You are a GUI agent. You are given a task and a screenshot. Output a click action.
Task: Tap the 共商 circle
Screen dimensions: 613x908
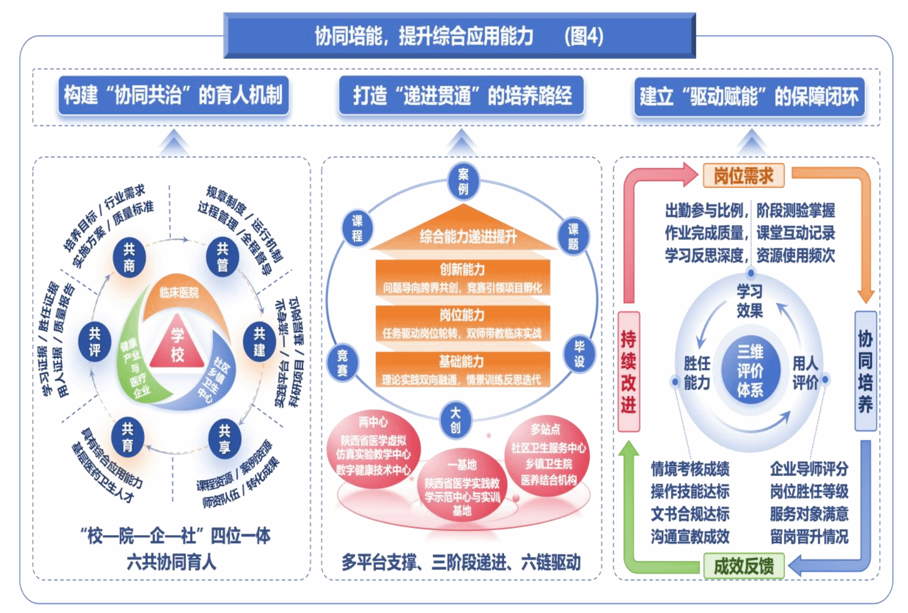[x=129, y=258]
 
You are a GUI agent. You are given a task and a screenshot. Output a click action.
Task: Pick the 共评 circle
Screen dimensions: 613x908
[x=94, y=342]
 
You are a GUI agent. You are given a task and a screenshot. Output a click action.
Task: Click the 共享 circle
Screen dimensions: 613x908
[x=224, y=439]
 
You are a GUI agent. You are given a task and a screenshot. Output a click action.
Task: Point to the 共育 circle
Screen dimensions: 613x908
[x=127, y=437]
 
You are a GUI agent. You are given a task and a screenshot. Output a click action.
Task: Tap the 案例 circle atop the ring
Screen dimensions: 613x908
[x=463, y=181]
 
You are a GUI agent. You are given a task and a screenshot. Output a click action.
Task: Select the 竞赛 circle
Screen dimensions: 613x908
[x=342, y=363]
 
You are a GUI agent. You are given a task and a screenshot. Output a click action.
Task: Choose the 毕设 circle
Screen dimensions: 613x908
[x=579, y=354]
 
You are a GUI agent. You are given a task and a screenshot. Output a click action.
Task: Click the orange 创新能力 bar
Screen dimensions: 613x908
[x=463, y=277]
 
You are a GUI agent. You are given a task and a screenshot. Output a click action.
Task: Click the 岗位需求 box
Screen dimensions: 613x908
[x=743, y=176]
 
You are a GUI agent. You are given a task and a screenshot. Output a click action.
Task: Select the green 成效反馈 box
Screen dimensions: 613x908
[x=743, y=565]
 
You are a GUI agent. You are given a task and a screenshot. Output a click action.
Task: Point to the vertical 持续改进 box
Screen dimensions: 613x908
[x=628, y=371]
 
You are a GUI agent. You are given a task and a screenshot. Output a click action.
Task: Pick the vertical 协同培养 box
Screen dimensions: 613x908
[x=865, y=371]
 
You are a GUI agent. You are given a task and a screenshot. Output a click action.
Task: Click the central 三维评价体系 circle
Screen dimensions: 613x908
[x=750, y=370]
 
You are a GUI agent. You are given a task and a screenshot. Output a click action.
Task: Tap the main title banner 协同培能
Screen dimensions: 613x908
[x=460, y=36]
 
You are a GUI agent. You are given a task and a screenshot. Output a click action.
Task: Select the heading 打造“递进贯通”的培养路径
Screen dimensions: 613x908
[x=461, y=96]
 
